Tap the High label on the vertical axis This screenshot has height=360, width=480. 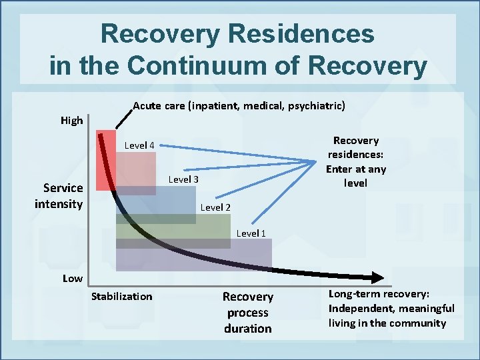pos(72,121)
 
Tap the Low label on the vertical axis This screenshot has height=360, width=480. pos(72,278)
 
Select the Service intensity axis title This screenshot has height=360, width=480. pos(59,195)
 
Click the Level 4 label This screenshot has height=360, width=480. pos(139,145)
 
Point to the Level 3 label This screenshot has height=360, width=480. pos(183,179)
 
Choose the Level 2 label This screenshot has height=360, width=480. pos(215,207)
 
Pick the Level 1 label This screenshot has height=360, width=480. pos(251,233)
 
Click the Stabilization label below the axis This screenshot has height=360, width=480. pos(121,296)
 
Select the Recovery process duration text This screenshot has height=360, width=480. pos(247,312)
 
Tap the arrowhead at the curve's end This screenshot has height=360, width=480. pos(377,278)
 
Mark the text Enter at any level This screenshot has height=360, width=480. pos(355,175)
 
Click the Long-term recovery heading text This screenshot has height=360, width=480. pos(379,294)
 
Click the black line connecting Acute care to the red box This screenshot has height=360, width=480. pos(124,117)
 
